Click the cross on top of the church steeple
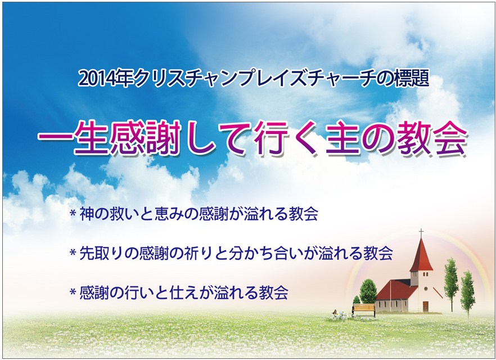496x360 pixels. [x=421, y=233]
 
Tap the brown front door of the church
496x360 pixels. [x=425, y=307]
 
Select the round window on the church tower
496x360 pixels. [x=426, y=289]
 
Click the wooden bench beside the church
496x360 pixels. [x=363, y=309]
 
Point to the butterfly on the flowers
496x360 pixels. [x=334, y=312]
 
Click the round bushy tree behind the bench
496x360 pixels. [x=368, y=291]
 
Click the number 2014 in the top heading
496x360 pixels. [x=97, y=79]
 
